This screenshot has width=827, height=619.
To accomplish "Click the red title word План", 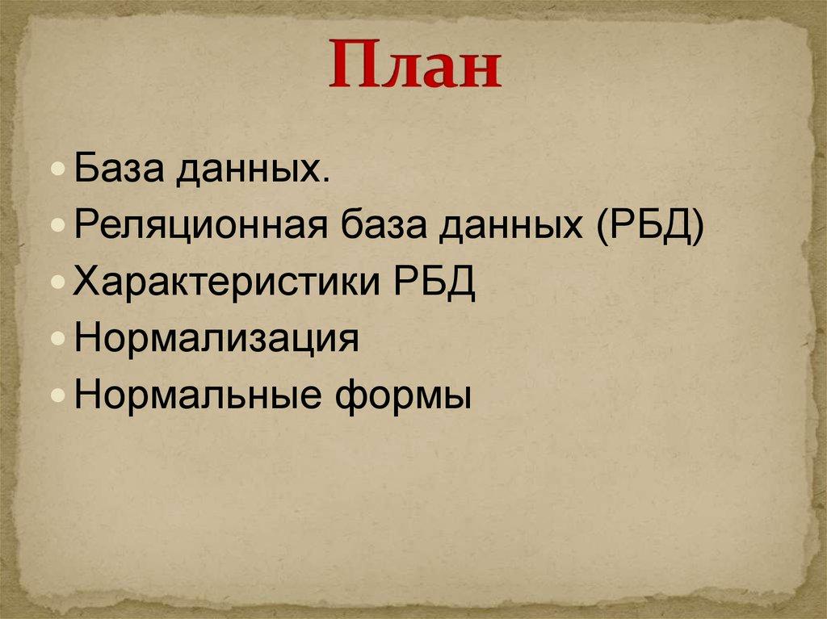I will [x=414, y=66].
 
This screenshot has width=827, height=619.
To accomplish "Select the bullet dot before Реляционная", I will [x=65, y=229].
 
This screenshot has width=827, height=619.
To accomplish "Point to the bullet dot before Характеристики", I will [x=65, y=285].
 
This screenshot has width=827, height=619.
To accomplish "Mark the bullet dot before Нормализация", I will [x=65, y=341].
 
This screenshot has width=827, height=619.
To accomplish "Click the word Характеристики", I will [x=229, y=285].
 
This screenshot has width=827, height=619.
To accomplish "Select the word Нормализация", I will [x=216, y=341].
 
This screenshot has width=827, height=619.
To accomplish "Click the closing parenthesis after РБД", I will [x=697, y=229].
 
